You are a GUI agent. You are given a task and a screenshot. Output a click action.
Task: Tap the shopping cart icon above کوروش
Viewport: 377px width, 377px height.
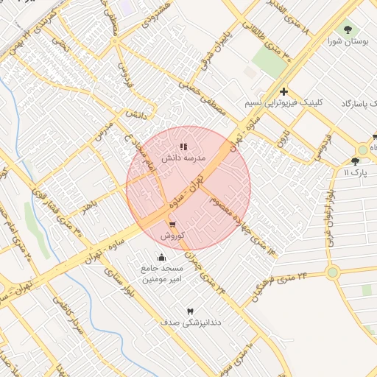point(172,225)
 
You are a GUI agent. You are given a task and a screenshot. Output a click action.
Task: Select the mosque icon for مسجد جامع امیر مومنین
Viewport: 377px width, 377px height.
point(161,258)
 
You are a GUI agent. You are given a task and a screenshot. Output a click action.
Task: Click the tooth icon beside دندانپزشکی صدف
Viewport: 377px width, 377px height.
point(191,311)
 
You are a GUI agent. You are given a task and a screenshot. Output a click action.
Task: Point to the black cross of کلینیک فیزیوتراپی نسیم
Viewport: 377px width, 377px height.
point(283,91)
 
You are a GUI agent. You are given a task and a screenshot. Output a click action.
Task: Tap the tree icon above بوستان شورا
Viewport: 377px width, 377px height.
point(348,29)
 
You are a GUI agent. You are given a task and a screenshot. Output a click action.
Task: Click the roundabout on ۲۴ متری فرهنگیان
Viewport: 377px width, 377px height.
point(332,272)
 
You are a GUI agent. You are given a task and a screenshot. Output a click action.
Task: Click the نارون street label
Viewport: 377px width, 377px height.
point(283,138)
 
